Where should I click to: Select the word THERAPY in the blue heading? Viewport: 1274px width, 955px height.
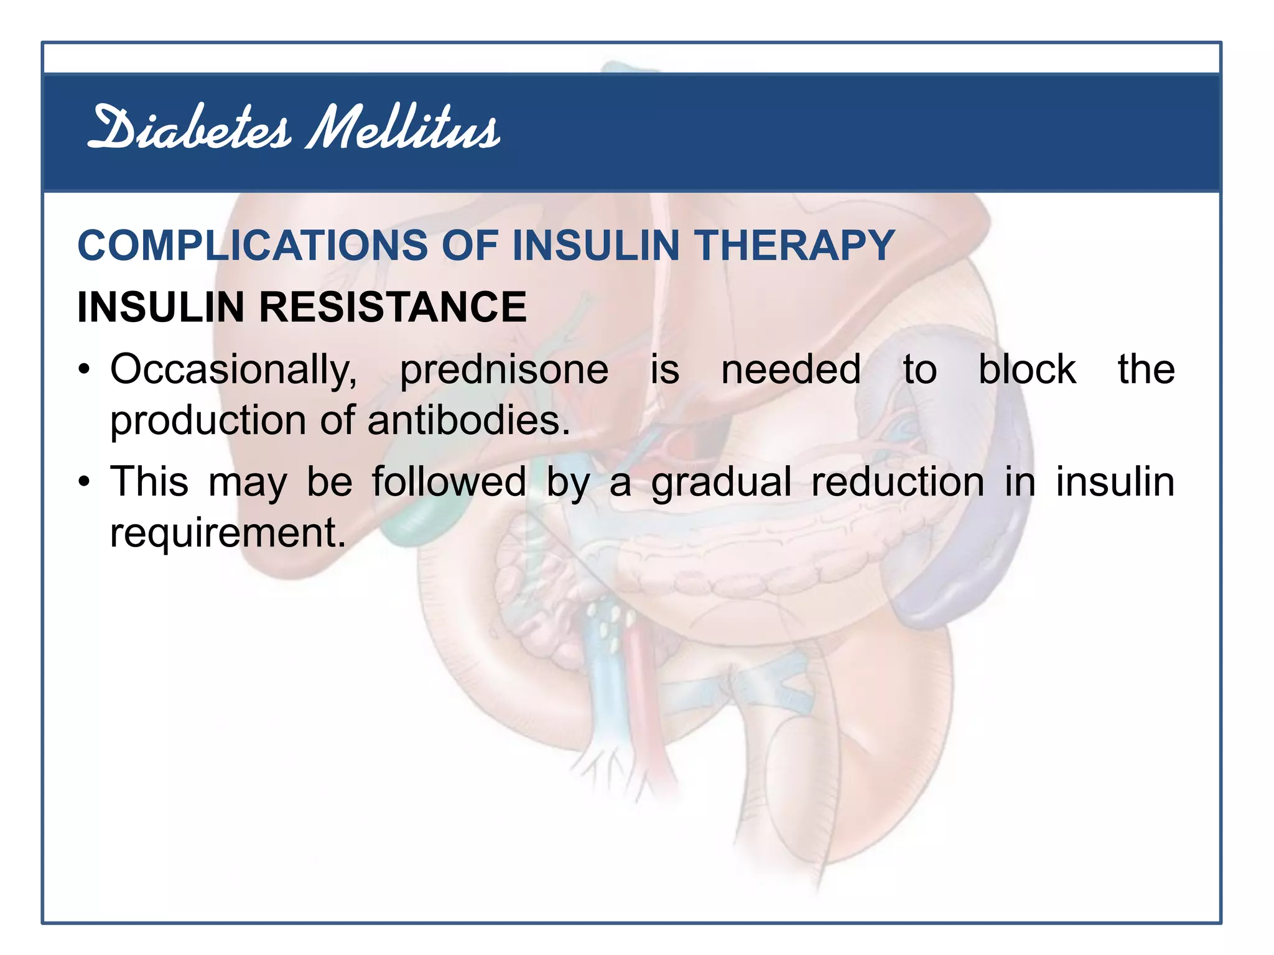point(796,246)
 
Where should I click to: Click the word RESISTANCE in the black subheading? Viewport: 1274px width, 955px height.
point(393,307)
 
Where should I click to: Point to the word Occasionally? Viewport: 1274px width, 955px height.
point(234,371)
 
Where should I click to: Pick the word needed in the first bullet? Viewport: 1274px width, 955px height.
point(791,369)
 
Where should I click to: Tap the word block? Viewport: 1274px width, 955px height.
point(1027,369)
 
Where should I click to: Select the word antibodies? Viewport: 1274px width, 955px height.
point(468,420)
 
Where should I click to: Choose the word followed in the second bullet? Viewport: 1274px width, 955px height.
point(449,482)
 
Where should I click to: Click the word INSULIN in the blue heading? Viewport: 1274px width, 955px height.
point(596,246)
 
